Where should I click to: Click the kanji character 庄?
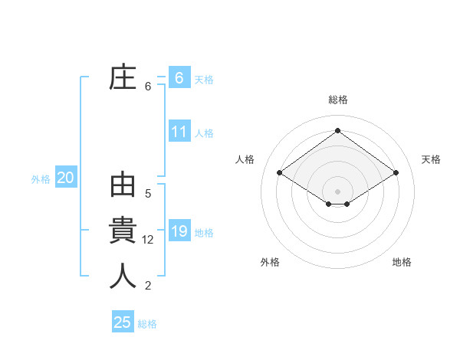123,79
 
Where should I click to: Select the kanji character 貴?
123,231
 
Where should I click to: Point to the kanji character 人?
123,276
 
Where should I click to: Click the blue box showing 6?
179,77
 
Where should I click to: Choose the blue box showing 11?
179,132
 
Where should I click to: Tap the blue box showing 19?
179,231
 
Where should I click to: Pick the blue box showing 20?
65,178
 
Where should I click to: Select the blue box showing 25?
123,322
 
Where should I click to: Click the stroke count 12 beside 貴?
149,240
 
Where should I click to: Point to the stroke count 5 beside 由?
148,194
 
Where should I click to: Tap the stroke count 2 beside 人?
148,286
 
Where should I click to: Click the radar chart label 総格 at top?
337,100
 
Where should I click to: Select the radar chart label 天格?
431,159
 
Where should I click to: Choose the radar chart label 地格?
402,262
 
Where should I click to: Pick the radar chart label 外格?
270,262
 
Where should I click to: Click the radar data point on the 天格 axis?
396,173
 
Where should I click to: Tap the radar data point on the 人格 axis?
280,173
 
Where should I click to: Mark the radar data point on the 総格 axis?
337,131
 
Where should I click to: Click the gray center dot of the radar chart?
337,191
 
